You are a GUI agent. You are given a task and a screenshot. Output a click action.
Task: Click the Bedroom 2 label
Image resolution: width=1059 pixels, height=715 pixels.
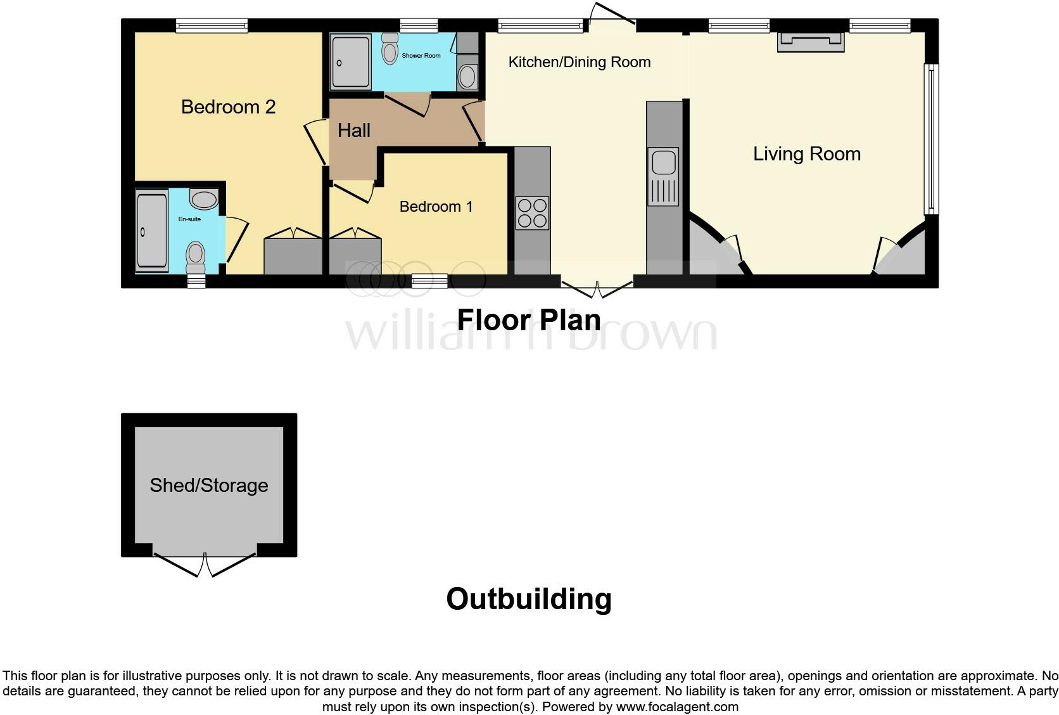[x=228, y=106]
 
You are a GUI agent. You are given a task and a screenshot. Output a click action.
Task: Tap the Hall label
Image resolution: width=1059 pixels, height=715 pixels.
[x=353, y=131]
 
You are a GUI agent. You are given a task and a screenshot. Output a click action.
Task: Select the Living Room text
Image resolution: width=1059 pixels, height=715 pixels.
[x=806, y=154]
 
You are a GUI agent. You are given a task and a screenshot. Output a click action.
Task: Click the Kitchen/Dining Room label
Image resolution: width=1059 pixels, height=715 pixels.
[x=580, y=62]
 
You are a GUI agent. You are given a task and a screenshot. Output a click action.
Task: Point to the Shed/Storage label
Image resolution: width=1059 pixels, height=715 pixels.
[x=209, y=486]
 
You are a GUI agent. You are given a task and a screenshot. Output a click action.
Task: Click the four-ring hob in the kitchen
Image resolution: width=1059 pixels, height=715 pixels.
[x=532, y=213]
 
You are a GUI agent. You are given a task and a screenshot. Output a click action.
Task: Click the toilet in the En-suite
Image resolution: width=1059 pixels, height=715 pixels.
[x=195, y=256]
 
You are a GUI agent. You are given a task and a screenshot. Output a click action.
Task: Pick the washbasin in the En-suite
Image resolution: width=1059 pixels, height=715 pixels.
[x=203, y=200]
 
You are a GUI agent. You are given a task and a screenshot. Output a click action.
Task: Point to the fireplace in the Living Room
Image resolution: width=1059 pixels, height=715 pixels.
[x=811, y=41]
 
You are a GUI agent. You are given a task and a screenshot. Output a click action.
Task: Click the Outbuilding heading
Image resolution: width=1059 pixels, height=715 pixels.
[x=529, y=599]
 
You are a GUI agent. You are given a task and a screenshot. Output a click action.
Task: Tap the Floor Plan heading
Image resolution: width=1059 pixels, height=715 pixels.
[x=529, y=320]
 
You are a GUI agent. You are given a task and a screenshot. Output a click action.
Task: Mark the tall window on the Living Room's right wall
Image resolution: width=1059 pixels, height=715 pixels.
[x=931, y=138]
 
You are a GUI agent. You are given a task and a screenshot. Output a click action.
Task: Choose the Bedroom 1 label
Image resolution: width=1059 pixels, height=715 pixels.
[x=436, y=207]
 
